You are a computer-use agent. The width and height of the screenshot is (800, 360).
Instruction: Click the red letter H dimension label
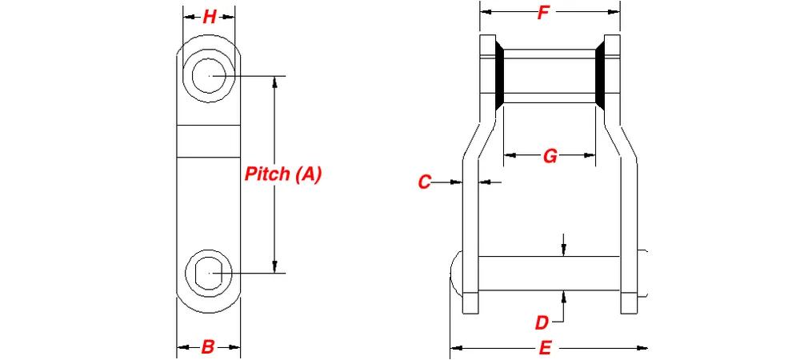209,17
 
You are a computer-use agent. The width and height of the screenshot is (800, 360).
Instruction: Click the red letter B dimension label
208,347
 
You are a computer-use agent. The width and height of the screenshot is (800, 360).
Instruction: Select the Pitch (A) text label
283,174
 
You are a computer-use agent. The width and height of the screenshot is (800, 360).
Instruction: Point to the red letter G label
550,156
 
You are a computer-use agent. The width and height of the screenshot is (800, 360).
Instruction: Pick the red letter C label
425,182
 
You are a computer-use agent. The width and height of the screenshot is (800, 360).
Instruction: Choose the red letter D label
542,322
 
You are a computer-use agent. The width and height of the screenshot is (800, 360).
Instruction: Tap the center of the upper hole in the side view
209,76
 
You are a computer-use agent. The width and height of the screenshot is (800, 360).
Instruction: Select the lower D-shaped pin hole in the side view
210,273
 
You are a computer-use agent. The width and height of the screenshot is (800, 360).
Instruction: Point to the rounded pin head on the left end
456,274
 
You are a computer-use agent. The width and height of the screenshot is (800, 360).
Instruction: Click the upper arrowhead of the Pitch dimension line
275,82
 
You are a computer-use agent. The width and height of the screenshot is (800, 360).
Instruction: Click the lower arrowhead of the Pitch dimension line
275,267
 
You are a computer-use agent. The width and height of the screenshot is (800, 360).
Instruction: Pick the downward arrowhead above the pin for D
563,250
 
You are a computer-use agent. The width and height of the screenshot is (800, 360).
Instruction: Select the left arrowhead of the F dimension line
486,12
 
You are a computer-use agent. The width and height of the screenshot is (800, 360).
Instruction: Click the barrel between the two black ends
550,76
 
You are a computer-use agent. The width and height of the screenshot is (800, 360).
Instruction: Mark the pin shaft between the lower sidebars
550,274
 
